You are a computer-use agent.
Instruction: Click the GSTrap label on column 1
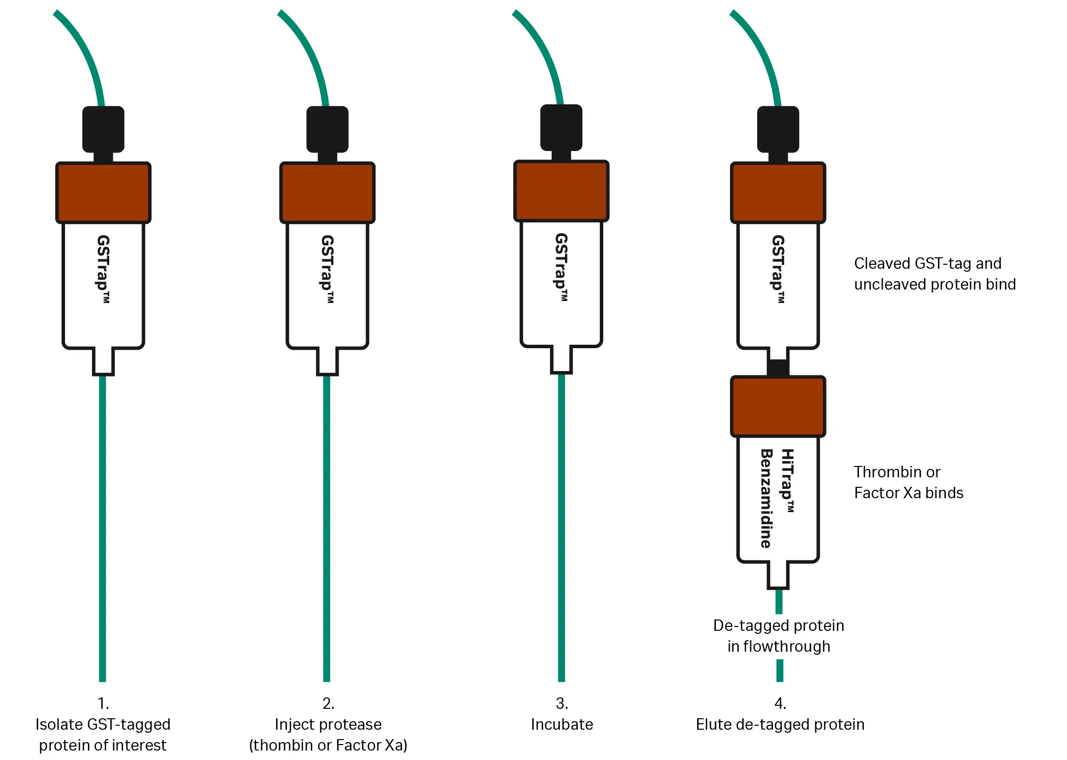(x=103, y=268)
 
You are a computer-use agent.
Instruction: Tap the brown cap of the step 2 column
(x=327, y=192)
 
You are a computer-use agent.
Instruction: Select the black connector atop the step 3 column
(x=561, y=128)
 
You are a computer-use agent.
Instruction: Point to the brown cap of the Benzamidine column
(x=778, y=406)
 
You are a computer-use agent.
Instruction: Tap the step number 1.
(x=103, y=703)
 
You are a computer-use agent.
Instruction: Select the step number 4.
(x=780, y=703)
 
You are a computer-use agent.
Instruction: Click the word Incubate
(x=562, y=724)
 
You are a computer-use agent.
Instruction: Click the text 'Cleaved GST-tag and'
(x=927, y=263)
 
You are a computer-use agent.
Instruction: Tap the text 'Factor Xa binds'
(x=908, y=493)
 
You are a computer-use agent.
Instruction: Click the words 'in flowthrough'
(x=779, y=646)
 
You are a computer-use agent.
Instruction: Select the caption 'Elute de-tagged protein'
(x=780, y=724)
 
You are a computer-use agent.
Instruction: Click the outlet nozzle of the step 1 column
(x=103, y=362)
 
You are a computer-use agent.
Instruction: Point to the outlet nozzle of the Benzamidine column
(x=778, y=575)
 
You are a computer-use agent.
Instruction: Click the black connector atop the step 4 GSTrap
(x=778, y=129)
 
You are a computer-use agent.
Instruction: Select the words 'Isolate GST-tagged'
(x=103, y=724)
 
